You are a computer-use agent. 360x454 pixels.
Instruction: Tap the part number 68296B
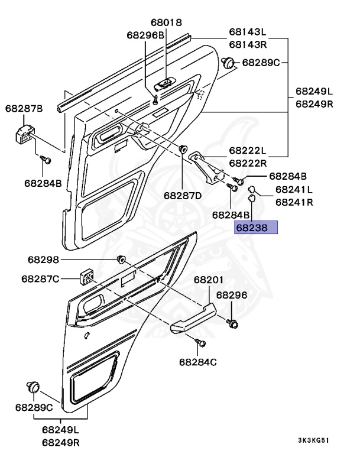145,35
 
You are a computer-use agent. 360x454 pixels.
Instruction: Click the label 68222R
248,163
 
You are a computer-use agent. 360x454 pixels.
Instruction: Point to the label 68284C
198,362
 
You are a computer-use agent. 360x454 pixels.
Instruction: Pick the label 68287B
24,108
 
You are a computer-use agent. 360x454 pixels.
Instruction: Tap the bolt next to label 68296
232,323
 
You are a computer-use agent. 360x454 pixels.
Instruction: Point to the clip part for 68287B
23,134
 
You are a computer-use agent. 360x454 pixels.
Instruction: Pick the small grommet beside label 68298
122,259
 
